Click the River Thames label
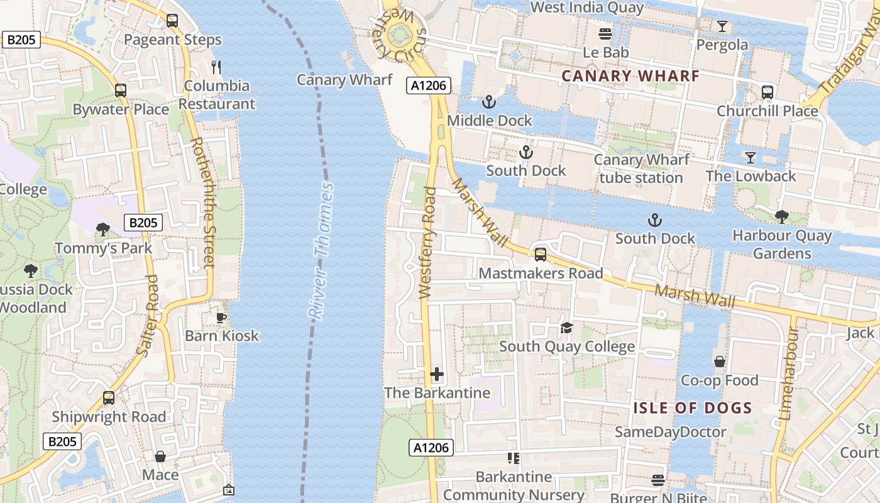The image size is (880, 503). pyautogui.click(x=321, y=251)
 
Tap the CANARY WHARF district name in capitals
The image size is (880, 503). pyautogui.click(x=630, y=76)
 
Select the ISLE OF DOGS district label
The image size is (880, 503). pyautogui.click(x=692, y=408)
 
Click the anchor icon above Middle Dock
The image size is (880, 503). pyautogui.click(x=488, y=101)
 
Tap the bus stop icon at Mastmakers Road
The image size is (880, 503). pyautogui.click(x=540, y=255)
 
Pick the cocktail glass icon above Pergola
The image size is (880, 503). pyautogui.click(x=722, y=26)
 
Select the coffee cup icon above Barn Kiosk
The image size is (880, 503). pyautogui.click(x=221, y=318)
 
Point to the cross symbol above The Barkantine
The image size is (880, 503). pyautogui.click(x=437, y=375)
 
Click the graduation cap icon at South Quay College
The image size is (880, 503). pyautogui.click(x=566, y=328)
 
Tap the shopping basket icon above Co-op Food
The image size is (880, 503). pyautogui.click(x=719, y=362)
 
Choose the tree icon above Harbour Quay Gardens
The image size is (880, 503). pyautogui.click(x=781, y=218)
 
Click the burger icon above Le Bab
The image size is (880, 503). pyautogui.click(x=605, y=34)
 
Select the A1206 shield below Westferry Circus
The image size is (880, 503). pyautogui.click(x=429, y=86)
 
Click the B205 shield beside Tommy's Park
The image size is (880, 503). pyautogui.click(x=143, y=223)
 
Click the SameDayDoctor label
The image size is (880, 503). pyautogui.click(x=670, y=432)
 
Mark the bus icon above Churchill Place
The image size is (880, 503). pyautogui.click(x=767, y=92)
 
